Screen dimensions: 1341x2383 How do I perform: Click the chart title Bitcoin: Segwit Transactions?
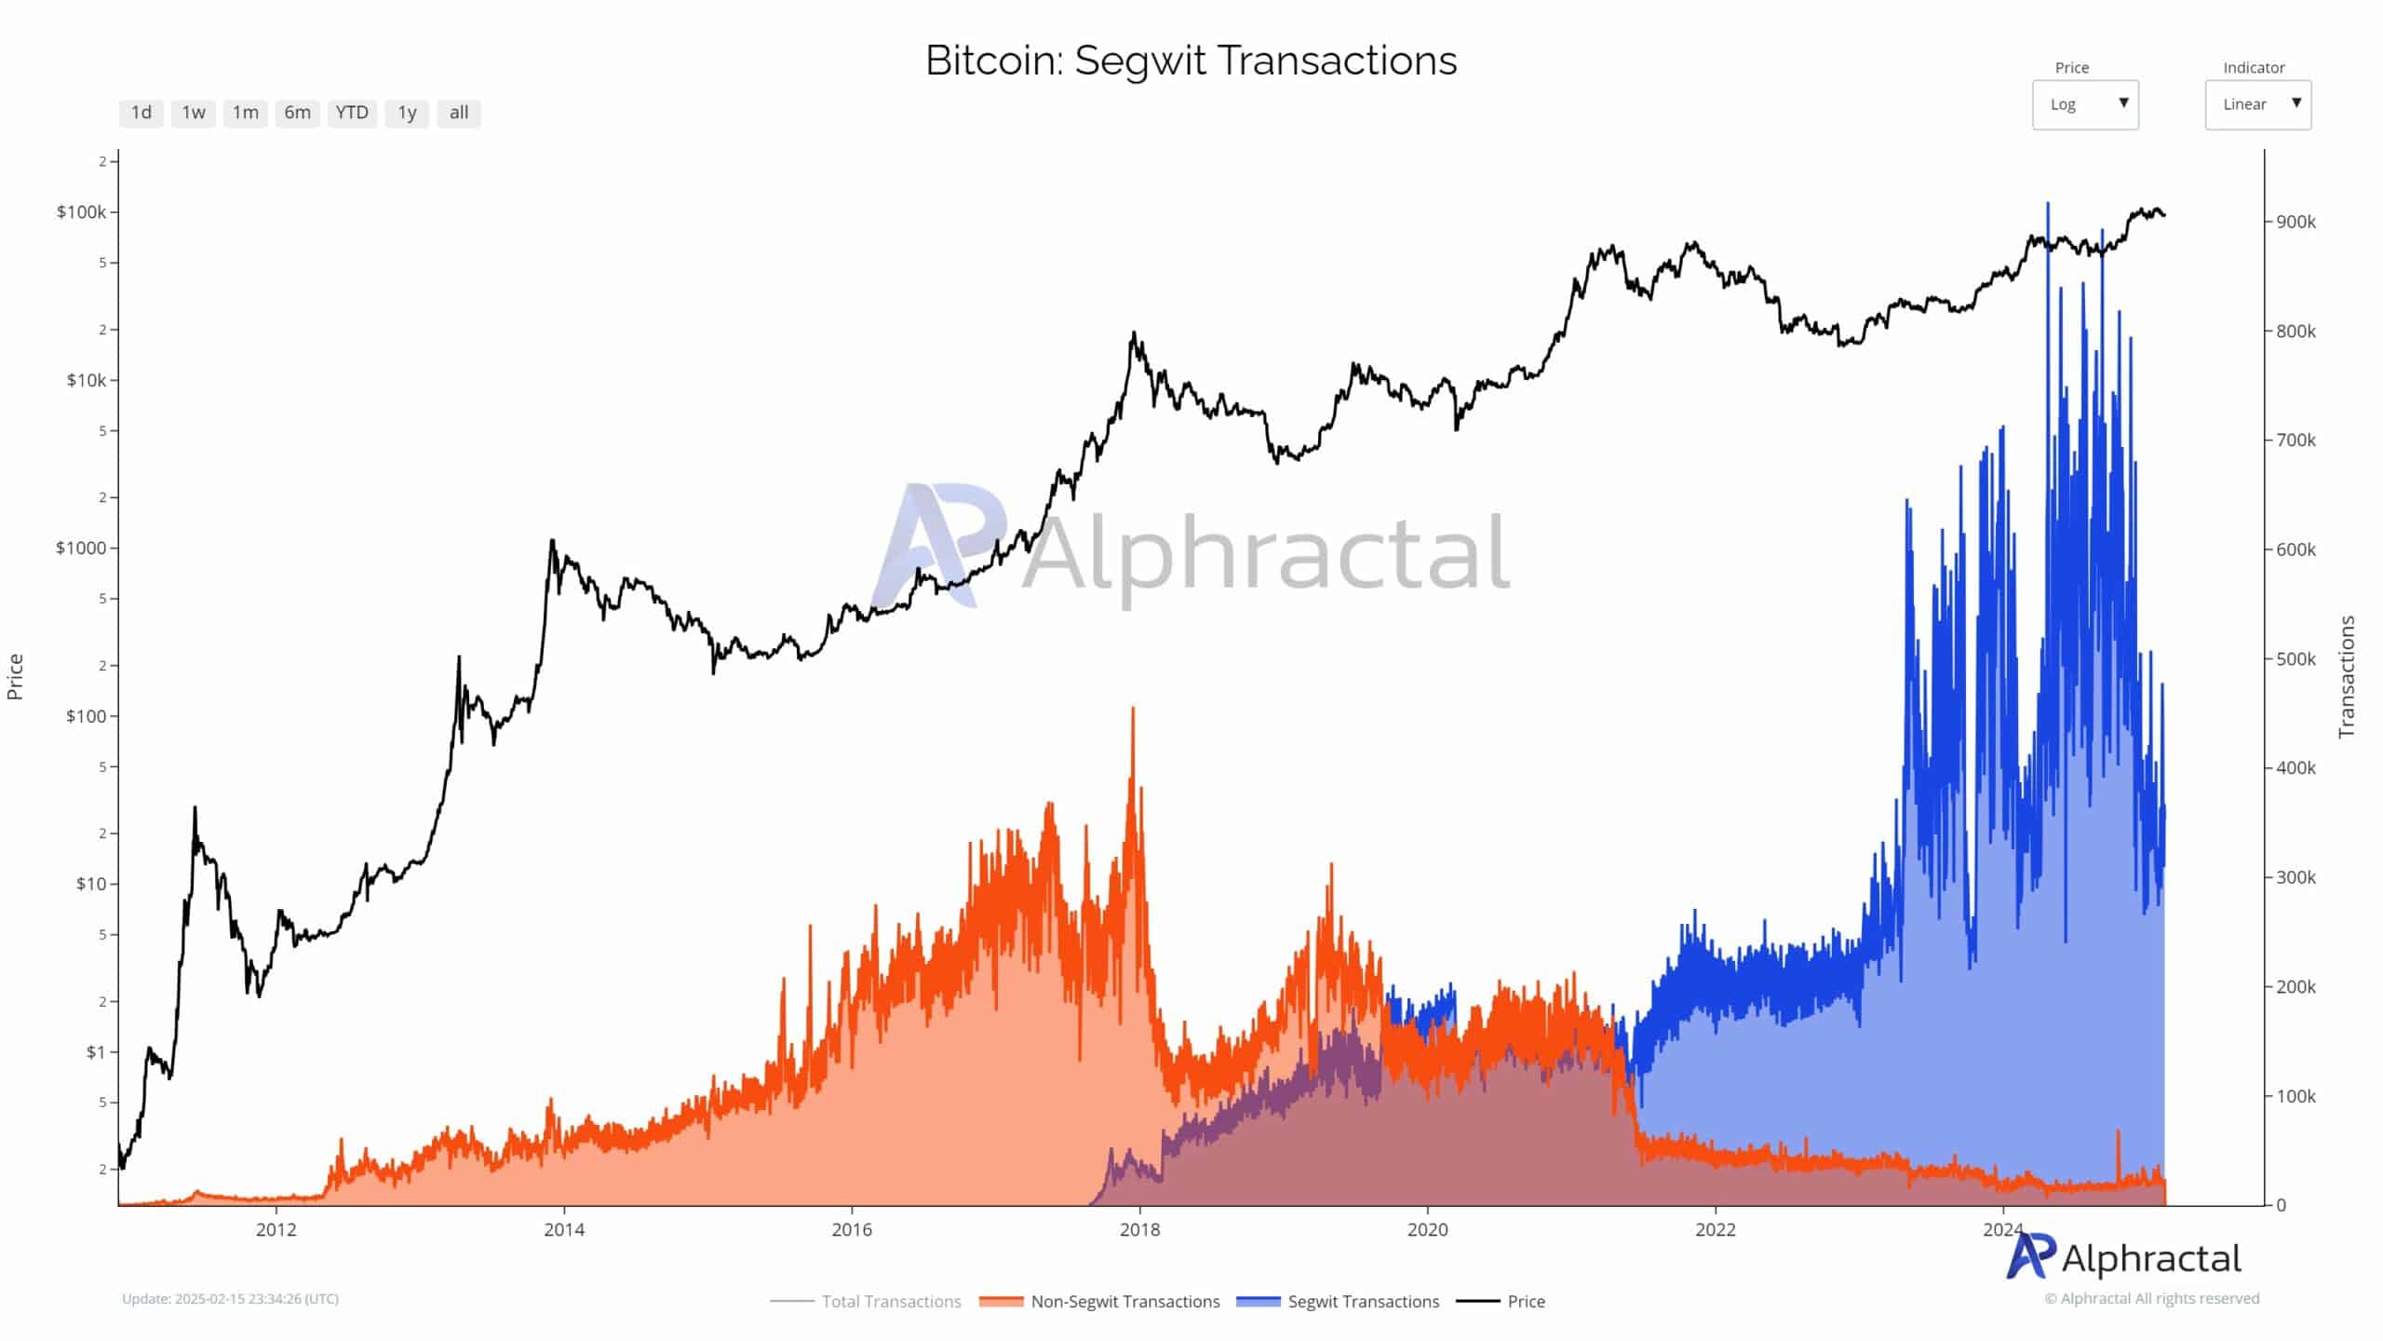click(1191, 61)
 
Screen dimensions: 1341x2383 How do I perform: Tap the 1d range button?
click(141, 113)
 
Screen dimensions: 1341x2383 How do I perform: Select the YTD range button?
click(352, 113)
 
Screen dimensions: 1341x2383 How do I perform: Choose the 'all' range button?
click(459, 113)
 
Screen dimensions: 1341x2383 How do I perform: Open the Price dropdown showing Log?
click(2085, 104)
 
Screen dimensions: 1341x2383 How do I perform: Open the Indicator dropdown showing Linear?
click(2257, 104)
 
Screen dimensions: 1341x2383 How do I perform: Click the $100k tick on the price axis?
click(81, 212)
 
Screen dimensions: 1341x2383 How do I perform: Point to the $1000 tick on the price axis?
click(81, 548)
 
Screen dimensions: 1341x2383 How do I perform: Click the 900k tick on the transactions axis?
click(2295, 222)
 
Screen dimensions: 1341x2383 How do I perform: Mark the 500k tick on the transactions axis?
click(2295, 658)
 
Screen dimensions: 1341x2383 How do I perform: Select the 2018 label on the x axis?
click(1139, 1229)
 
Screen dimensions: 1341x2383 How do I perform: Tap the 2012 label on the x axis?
click(276, 1229)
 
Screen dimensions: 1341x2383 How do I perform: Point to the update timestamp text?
click(230, 1299)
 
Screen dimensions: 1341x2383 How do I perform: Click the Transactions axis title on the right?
click(2347, 677)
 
